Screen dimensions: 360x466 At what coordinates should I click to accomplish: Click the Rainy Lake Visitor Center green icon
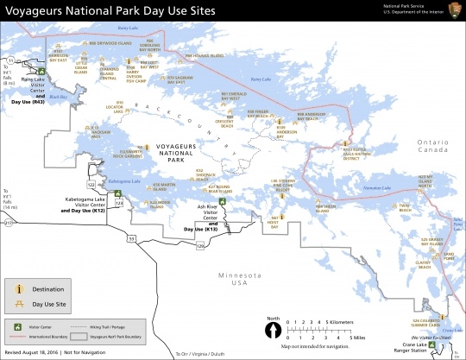(40, 72)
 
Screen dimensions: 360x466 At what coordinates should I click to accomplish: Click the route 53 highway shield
(131, 236)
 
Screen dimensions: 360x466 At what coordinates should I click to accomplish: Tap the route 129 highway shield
(199, 246)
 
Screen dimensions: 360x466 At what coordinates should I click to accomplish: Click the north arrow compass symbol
(274, 330)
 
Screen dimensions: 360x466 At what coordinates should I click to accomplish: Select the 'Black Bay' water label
(57, 97)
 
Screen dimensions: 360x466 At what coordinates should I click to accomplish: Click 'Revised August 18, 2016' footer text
(34, 354)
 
